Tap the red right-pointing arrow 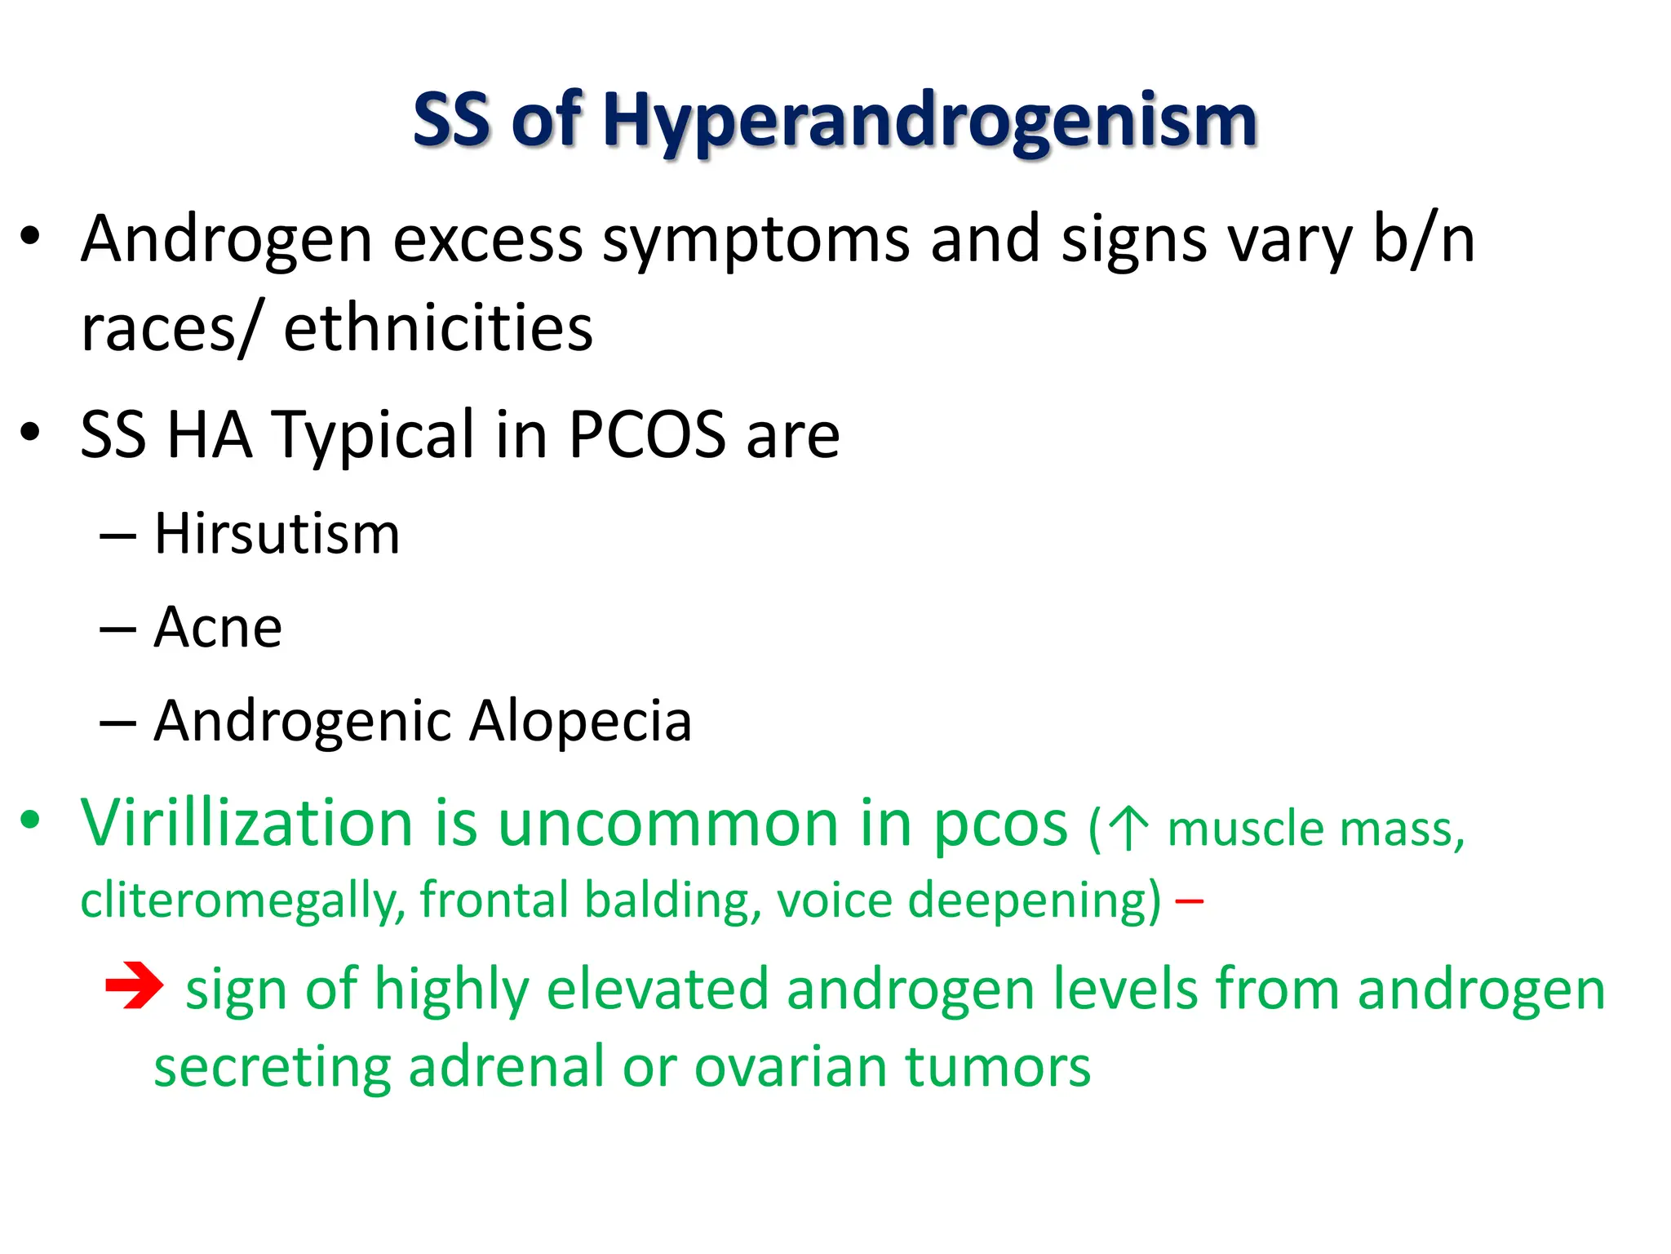[135, 986]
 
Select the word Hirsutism [277, 535]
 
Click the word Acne [218, 628]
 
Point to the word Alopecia [581, 722]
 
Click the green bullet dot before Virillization [30, 820]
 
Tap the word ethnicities [438, 328]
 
